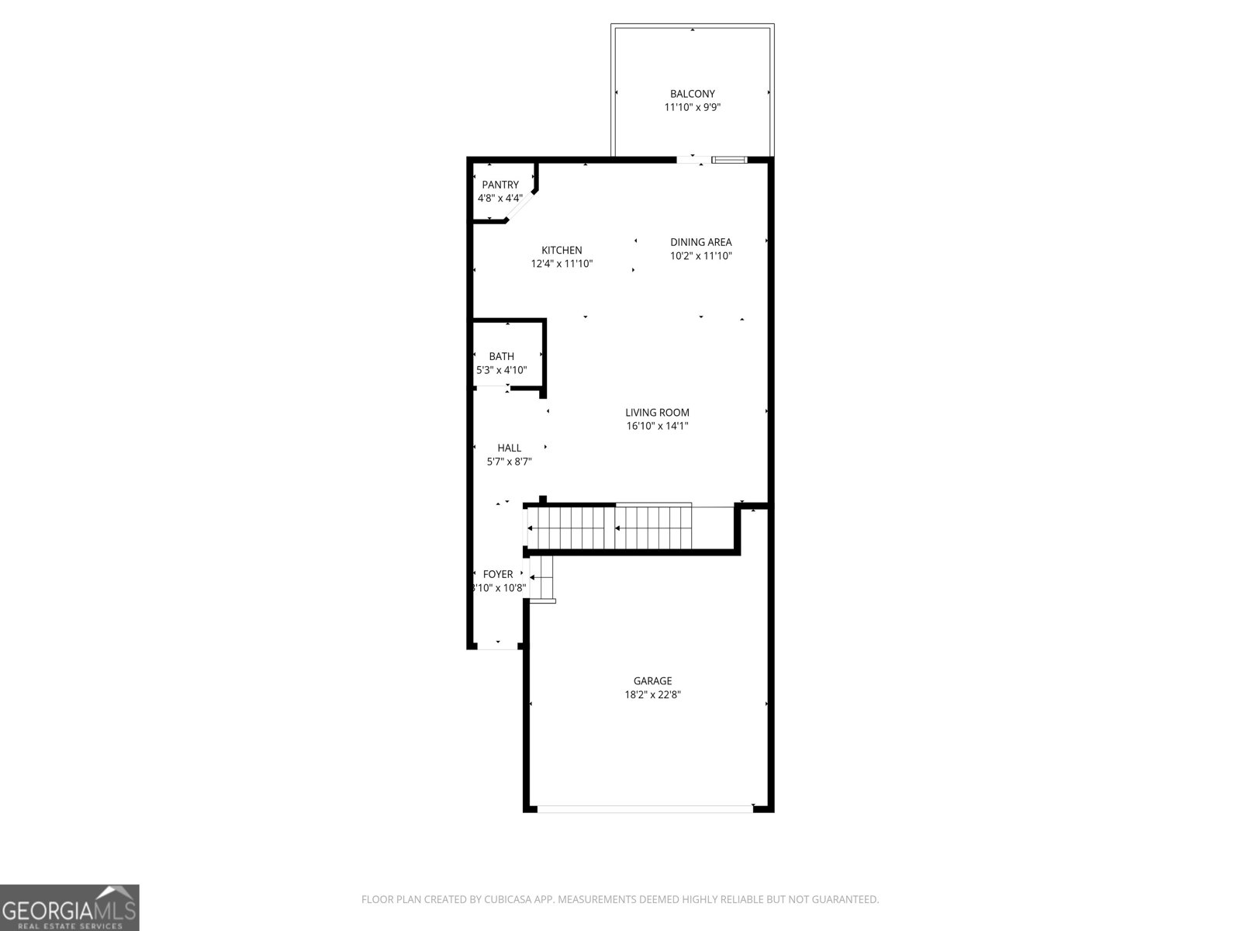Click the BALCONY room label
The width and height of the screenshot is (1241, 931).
click(692, 94)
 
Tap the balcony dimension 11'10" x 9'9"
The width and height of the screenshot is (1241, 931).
click(692, 108)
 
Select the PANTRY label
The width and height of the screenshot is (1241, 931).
click(500, 185)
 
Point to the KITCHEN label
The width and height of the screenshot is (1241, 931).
click(562, 250)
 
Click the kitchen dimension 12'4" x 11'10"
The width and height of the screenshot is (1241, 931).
click(562, 264)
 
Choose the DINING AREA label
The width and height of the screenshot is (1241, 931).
click(700, 242)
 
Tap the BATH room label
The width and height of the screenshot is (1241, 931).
click(501, 356)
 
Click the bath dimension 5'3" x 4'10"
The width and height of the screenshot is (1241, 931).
click(501, 370)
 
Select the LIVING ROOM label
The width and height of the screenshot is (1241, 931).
click(657, 413)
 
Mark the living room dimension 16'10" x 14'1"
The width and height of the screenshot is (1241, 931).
click(657, 426)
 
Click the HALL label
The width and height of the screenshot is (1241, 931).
click(509, 448)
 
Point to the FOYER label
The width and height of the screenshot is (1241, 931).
click(498, 574)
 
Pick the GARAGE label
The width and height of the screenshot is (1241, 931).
click(652, 681)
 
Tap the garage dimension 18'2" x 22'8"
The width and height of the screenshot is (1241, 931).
click(652, 695)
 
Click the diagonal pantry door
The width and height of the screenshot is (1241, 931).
click(519, 209)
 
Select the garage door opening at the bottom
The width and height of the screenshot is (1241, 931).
click(645, 809)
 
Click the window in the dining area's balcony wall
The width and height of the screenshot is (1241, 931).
click(729, 160)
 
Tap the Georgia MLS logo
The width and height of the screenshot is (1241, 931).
click(69, 907)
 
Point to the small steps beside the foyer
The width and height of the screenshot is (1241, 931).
click(544, 579)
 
